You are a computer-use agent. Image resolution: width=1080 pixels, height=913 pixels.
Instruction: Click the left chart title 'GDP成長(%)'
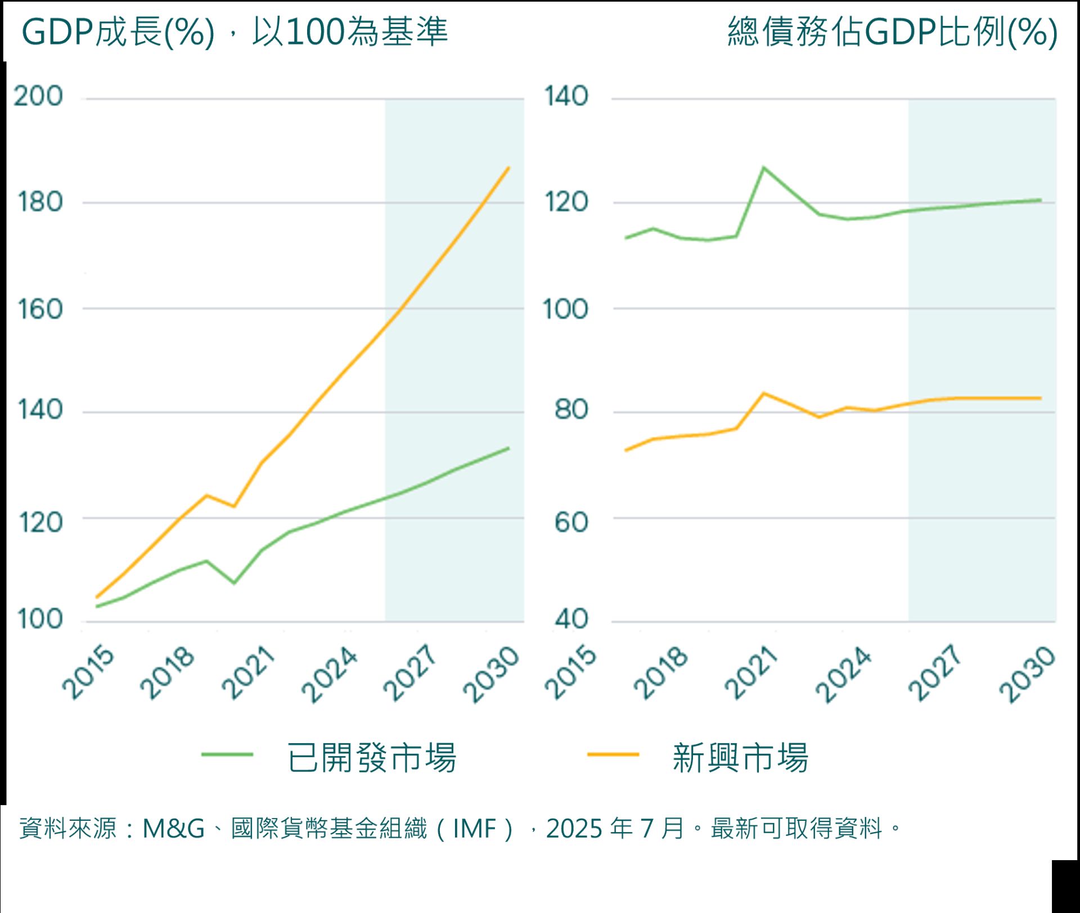pos(118,31)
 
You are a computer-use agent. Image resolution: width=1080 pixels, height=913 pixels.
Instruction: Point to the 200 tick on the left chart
pos(38,96)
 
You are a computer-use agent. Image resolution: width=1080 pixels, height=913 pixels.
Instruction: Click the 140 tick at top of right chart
pos(566,96)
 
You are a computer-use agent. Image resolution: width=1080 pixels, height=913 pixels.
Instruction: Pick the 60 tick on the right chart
pos(571,522)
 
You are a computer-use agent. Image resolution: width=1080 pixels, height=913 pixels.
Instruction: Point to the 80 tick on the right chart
pos(571,409)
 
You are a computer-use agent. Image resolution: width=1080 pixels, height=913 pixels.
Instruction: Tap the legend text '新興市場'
pos(740,758)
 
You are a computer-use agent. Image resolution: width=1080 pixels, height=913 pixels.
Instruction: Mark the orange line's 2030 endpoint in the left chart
pos(508,168)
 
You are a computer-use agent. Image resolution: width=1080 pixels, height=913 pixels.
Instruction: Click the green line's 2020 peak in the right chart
pos(763,168)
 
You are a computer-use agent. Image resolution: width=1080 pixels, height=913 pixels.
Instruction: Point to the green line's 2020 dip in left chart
pos(234,583)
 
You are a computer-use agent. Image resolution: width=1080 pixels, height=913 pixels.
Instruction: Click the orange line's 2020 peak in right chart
pos(763,393)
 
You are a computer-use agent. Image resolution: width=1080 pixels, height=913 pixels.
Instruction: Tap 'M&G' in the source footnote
pos(173,829)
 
